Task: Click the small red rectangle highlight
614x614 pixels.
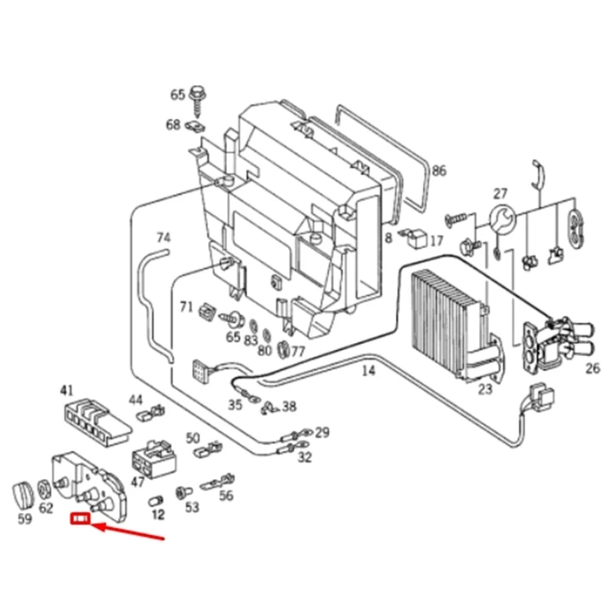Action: click(x=81, y=520)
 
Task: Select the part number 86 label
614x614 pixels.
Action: click(x=438, y=170)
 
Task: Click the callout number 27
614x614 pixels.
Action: click(x=500, y=193)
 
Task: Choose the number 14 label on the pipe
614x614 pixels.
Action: click(x=368, y=371)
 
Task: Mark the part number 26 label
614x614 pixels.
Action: click(x=592, y=369)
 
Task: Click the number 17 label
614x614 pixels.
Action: click(x=436, y=239)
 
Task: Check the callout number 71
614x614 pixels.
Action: click(x=187, y=307)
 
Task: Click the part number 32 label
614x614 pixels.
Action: click(x=305, y=458)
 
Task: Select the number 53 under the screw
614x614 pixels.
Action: click(x=192, y=507)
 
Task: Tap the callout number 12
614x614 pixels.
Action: click(x=158, y=514)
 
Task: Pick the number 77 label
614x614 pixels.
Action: click(x=298, y=352)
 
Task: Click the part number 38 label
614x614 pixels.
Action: click(x=289, y=406)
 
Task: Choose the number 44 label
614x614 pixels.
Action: click(x=136, y=400)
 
